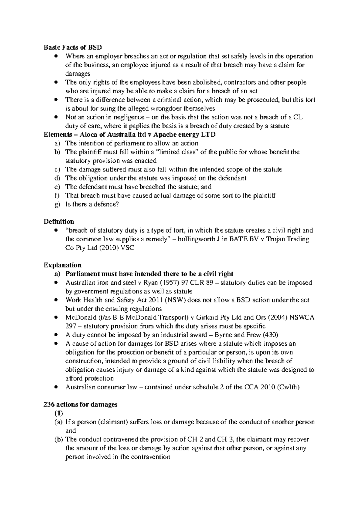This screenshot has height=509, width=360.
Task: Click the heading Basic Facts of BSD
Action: pyautogui.click(x=73, y=47)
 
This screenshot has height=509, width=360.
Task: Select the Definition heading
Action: pyautogui.click(x=59, y=222)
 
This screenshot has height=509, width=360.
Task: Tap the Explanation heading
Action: pyautogui.click(x=62, y=265)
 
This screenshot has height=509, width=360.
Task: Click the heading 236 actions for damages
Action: pyautogui.click(x=80, y=404)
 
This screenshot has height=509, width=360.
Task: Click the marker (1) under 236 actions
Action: pyautogui.click(x=58, y=413)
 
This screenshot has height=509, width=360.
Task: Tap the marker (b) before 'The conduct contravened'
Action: pyautogui.click(x=58, y=439)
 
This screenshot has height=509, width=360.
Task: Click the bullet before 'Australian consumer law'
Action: pyautogui.click(x=56, y=387)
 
